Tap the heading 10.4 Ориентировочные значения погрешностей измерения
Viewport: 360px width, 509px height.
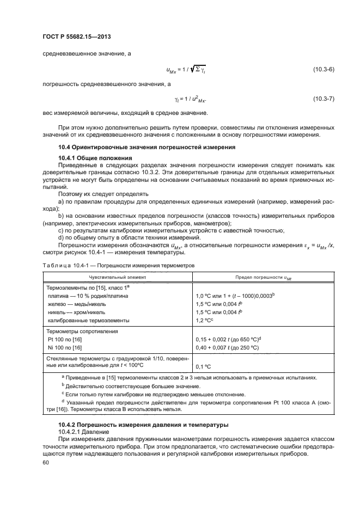pyautogui.click(x=147, y=147)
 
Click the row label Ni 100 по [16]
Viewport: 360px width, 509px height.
pyautogui.click(x=65, y=348)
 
